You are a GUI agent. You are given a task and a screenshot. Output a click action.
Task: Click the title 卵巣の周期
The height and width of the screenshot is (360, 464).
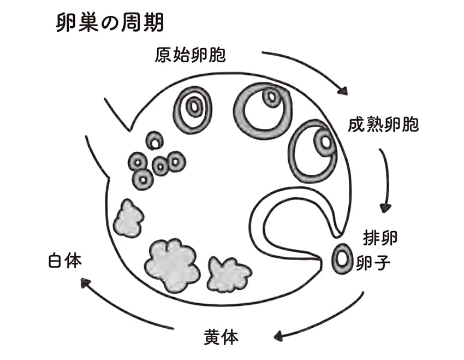click(110, 25)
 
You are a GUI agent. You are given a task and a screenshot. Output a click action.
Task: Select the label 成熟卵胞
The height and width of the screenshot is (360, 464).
click(383, 125)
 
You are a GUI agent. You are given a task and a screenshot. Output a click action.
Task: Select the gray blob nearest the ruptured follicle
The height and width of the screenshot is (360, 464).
click(228, 273)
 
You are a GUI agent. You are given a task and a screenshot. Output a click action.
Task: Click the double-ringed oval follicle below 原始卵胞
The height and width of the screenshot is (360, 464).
click(193, 107)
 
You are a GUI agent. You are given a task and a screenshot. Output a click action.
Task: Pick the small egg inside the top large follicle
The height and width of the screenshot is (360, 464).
click(270, 97)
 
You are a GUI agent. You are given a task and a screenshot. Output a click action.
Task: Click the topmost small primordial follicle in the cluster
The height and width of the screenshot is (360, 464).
click(154, 141)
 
